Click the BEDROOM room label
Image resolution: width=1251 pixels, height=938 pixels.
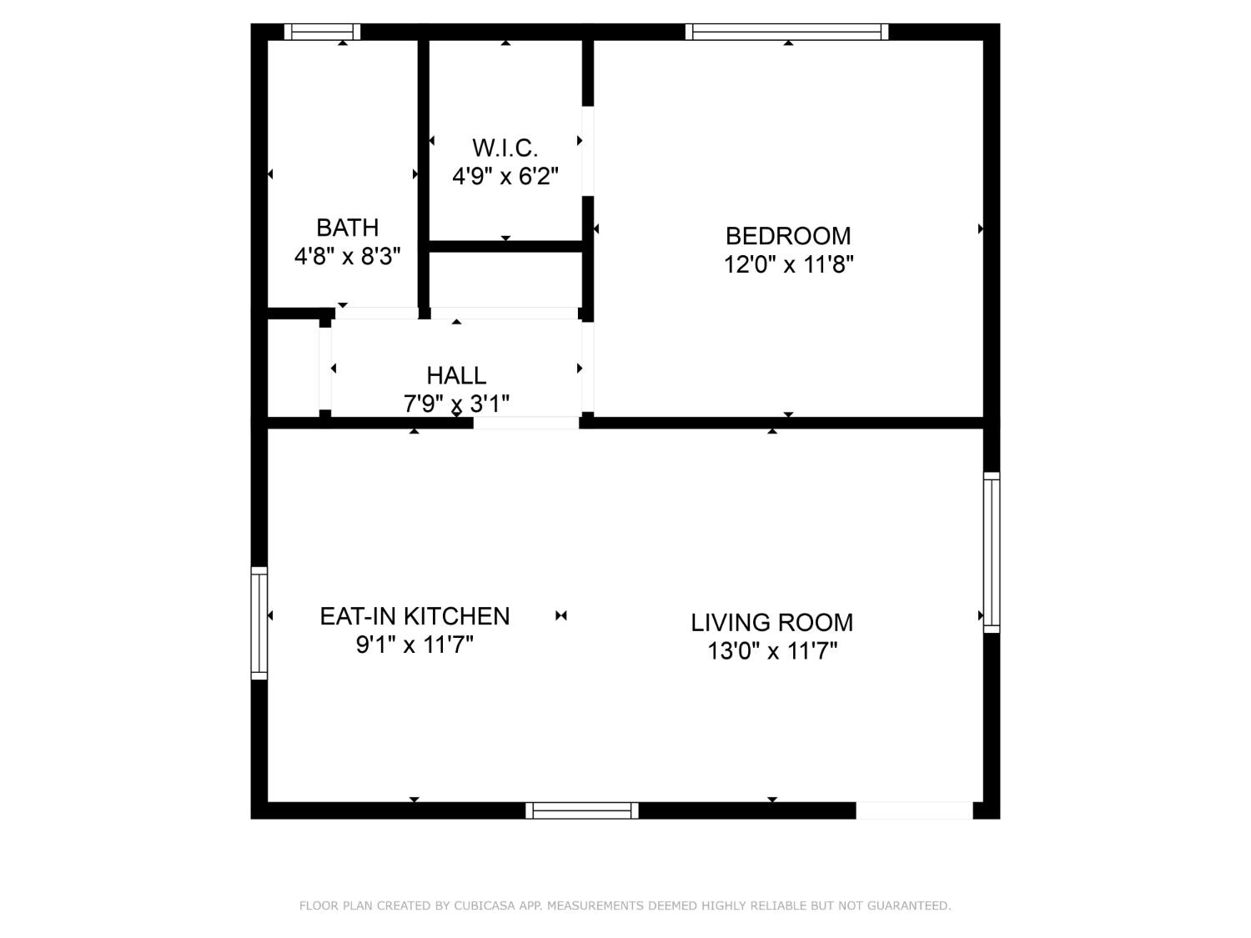click(788, 236)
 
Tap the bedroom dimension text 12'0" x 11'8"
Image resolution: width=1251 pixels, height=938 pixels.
click(788, 265)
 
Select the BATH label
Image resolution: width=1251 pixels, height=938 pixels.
click(347, 228)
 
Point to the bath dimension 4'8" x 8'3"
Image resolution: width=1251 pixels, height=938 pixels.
click(347, 256)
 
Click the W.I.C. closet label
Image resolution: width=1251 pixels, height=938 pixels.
click(505, 148)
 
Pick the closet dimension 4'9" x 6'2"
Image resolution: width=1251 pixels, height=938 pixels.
click(505, 177)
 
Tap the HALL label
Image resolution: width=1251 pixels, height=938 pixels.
click(456, 375)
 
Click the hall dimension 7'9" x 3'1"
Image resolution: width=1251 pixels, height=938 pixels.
click(456, 404)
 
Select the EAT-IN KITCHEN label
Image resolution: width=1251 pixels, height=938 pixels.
click(414, 616)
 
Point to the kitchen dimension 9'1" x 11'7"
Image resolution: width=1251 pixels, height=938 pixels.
click(414, 645)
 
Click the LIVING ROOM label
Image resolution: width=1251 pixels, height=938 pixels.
click(771, 623)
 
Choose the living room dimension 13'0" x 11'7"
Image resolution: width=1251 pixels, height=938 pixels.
click(771, 651)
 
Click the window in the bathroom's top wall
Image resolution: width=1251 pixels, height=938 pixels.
click(322, 32)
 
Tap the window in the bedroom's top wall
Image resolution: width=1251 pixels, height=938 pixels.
click(786, 32)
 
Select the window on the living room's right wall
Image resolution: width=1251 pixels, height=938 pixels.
click(992, 552)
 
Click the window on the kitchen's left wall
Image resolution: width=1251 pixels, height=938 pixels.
click(259, 623)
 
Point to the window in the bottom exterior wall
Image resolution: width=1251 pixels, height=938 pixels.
click(582, 810)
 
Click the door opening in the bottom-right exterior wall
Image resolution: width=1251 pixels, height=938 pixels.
click(914, 810)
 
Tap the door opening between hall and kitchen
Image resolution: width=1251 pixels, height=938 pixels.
click(526, 423)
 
